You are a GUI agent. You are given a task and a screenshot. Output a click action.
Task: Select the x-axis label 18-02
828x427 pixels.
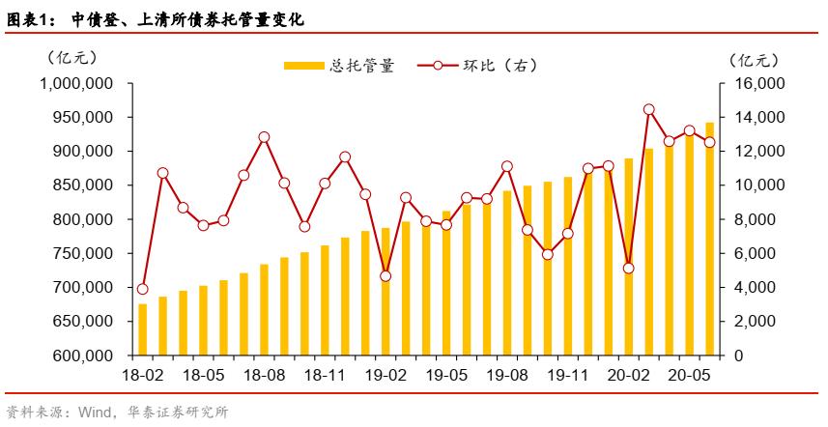click(x=143, y=374)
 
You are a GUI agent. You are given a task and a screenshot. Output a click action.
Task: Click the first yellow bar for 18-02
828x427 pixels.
click(x=143, y=329)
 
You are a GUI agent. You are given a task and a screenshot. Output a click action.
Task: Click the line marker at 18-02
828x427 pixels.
click(x=143, y=289)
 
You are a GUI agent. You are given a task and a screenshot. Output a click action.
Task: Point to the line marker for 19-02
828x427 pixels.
click(x=385, y=276)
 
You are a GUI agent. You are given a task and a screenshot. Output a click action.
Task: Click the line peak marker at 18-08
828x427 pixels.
click(x=264, y=137)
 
